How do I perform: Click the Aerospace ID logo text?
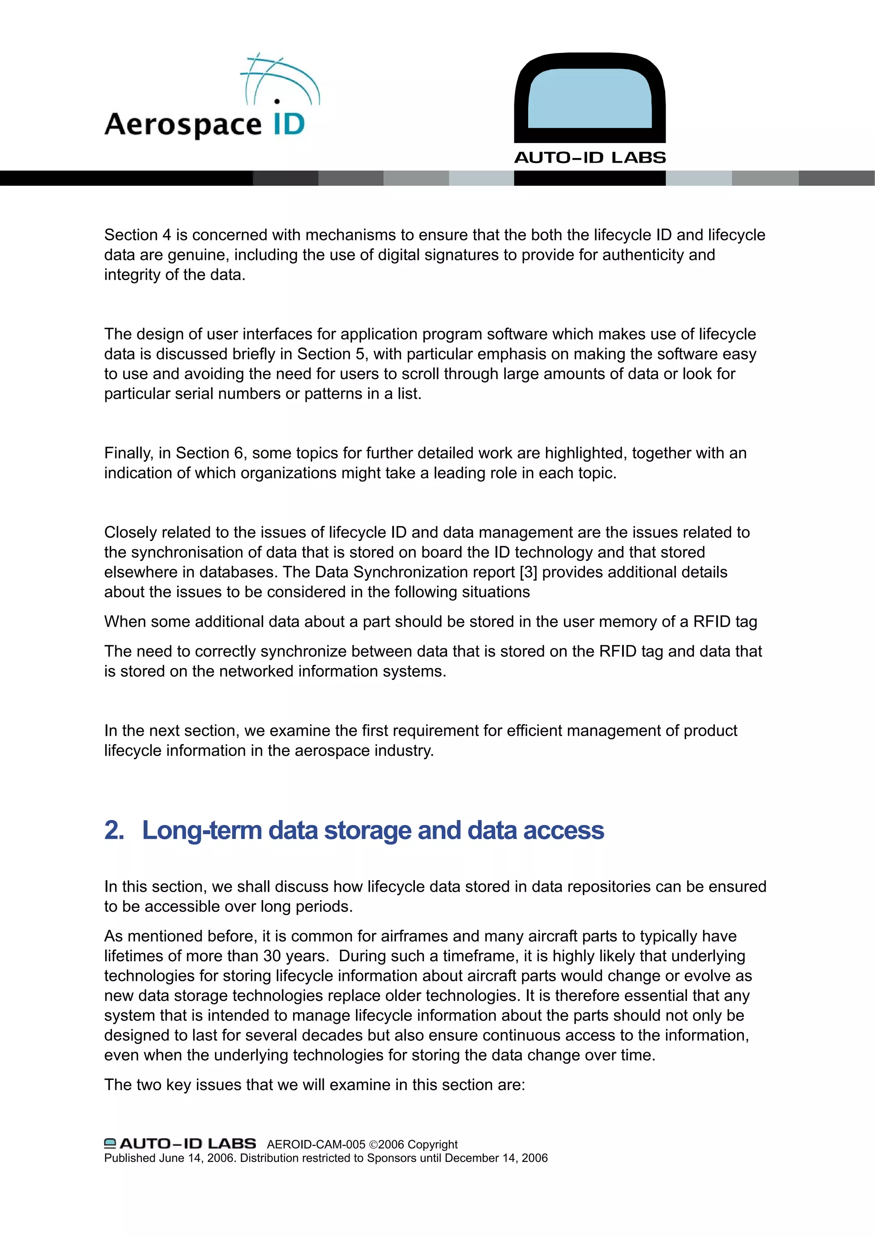tap(183, 124)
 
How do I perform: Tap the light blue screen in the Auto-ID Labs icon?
tap(590, 99)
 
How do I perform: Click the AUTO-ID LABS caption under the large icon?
tap(590, 158)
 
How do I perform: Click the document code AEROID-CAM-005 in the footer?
tap(316, 1144)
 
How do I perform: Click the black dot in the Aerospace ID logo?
tap(277, 101)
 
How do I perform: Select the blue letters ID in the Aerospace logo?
tap(289, 124)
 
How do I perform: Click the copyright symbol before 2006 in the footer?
tap(373, 1145)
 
